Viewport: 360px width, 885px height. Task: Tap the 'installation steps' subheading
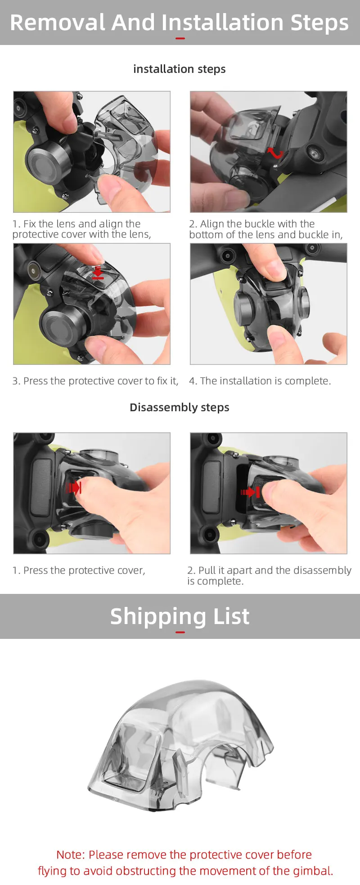click(x=180, y=69)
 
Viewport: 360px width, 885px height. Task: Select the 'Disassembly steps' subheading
click(x=180, y=407)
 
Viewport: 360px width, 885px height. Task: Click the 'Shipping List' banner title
click(x=180, y=616)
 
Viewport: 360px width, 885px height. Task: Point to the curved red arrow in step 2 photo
click(x=275, y=153)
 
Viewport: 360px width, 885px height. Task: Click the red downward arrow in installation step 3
click(x=98, y=272)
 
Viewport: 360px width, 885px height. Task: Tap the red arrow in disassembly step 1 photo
click(x=73, y=487)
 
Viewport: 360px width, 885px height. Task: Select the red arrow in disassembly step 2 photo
click(x=250, y=492)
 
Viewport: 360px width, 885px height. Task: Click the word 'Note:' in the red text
click(x=71, y=854)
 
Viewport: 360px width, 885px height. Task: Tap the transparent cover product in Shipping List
click(x=180, y=745)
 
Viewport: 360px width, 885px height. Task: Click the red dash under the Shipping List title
click(x=180, y=632)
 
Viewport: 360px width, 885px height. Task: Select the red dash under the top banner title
click(x=180, y=38)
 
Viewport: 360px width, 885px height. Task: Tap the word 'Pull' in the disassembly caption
click(x=207, y=570)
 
